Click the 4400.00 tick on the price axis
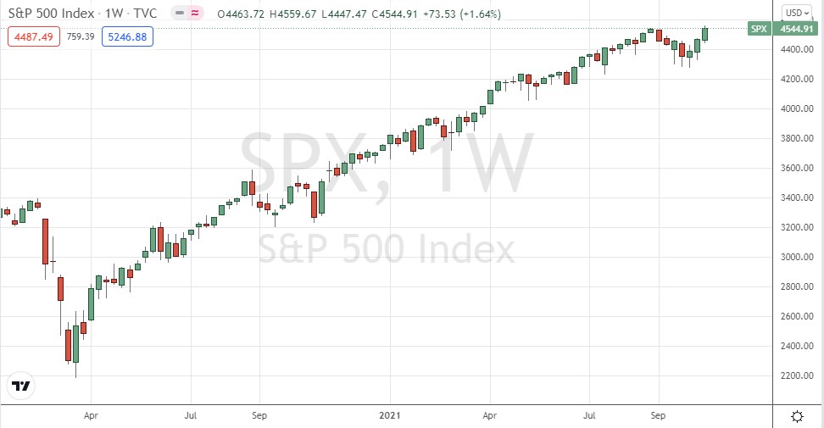tap(796, 50)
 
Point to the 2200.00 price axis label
tap(796, 375)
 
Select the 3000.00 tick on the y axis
tap(796, 257)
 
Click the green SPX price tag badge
tap(759, 29)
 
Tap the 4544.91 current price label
tap(796, 29)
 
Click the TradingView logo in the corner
tap(21, 386)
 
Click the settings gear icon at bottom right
tap(797, 416)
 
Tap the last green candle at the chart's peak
tap(704, 34)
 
